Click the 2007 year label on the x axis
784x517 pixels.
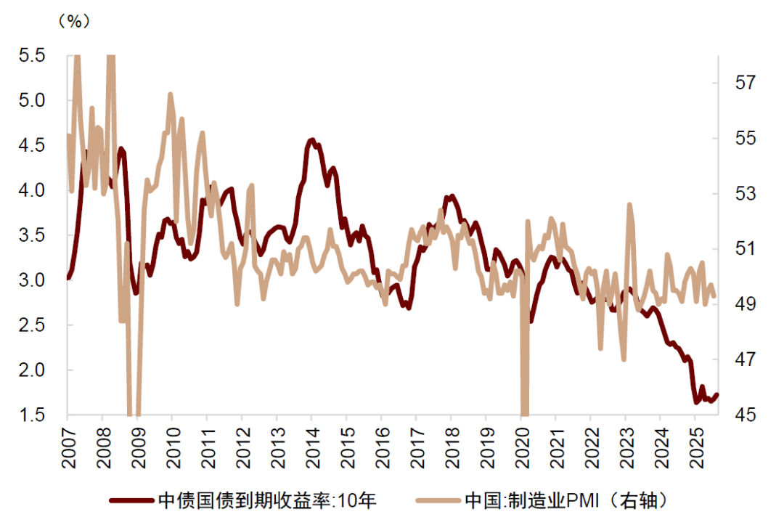[x=68, y=444]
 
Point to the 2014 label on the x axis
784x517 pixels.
[x=311, y=444]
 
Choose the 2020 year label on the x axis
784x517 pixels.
[x=521, y=444]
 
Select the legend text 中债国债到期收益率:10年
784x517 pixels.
[x=266, y=500]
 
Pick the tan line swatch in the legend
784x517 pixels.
[x=438, y=500]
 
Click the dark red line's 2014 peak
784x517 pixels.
[x=311, y=139]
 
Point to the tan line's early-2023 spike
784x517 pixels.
[x=629, y=205]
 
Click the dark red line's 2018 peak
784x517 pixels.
[x=451, y=195]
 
